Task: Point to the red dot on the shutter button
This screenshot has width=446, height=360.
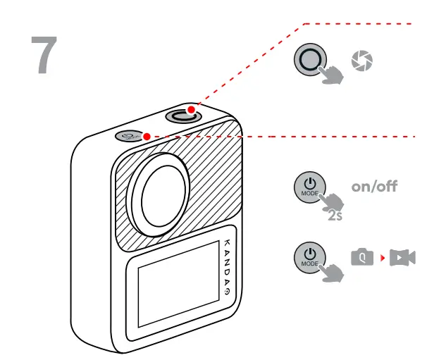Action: click(191, 109)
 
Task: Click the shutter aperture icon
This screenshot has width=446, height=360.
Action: click(361, 61)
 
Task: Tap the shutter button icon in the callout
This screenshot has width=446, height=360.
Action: click(310, 61)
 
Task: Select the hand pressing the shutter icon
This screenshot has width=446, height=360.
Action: click(332, 73)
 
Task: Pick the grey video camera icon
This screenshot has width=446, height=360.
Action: click(403, 258)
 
